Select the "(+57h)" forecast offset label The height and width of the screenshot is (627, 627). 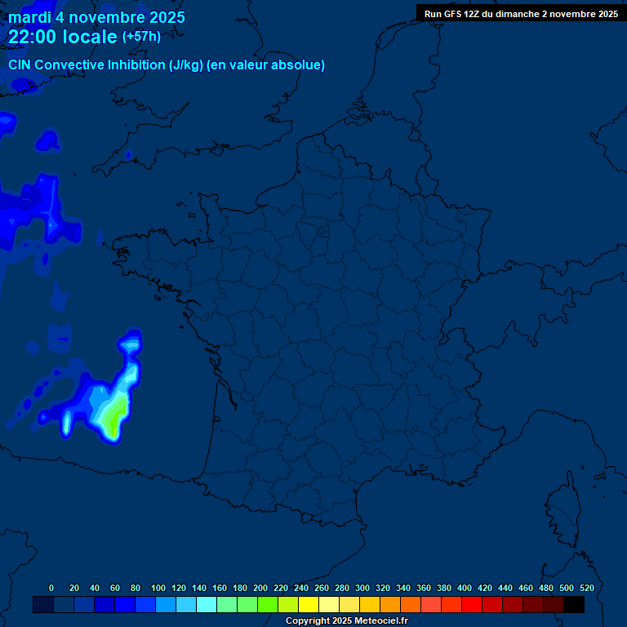pos(141,36)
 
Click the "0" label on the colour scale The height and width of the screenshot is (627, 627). pos(51,588)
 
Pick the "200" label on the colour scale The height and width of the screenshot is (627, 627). pos(260,588)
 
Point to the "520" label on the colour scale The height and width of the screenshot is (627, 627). pos(586,588)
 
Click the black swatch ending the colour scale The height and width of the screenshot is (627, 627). pos(574,604)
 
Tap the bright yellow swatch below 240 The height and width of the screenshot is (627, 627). pos(309,604)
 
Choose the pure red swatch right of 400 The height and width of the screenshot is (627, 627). pos(472,604)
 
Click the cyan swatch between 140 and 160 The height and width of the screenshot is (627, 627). pos(207,604)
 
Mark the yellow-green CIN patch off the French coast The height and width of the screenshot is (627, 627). pos(112,416)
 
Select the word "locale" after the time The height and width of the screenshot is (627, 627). pos(90,36)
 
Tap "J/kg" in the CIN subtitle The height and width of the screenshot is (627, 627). pos(185,64)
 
